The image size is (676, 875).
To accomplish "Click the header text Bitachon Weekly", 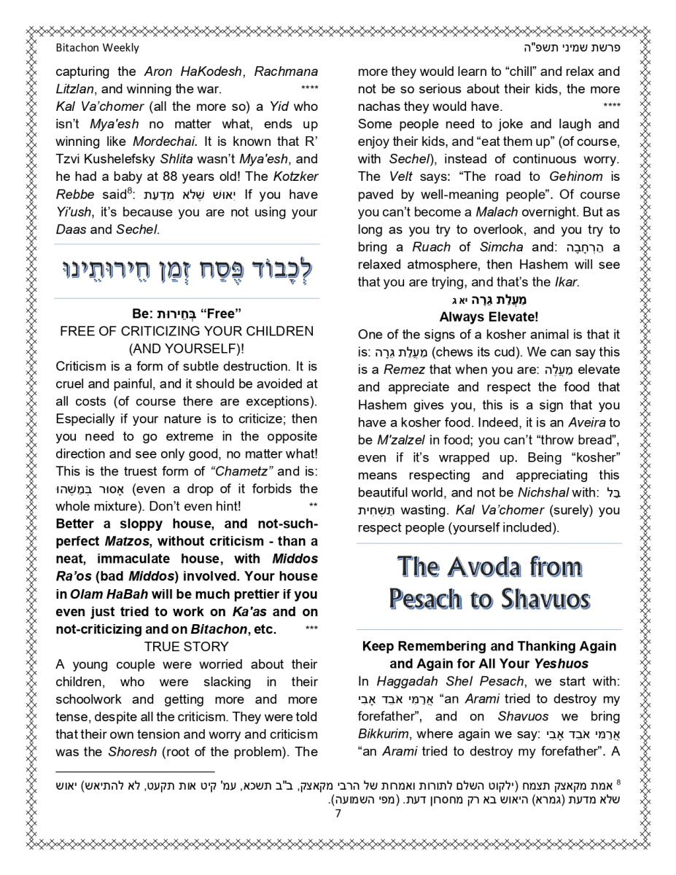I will (x=97, y=48).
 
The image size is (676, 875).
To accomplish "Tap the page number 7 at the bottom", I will (x=338, y=814).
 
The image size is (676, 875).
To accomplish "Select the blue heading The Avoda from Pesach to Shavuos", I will (x=489, y=583).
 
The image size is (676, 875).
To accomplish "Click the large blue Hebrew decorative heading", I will (x=187, y=271).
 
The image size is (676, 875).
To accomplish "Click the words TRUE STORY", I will (x=186, y=647).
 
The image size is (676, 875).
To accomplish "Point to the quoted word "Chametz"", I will (x=242, y=471).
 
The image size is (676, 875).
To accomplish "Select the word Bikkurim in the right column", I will (x=382, y=734).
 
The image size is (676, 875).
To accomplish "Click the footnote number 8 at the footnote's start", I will (x=618, y=782).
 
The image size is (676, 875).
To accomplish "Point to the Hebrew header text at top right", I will (x=577, y=48).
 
